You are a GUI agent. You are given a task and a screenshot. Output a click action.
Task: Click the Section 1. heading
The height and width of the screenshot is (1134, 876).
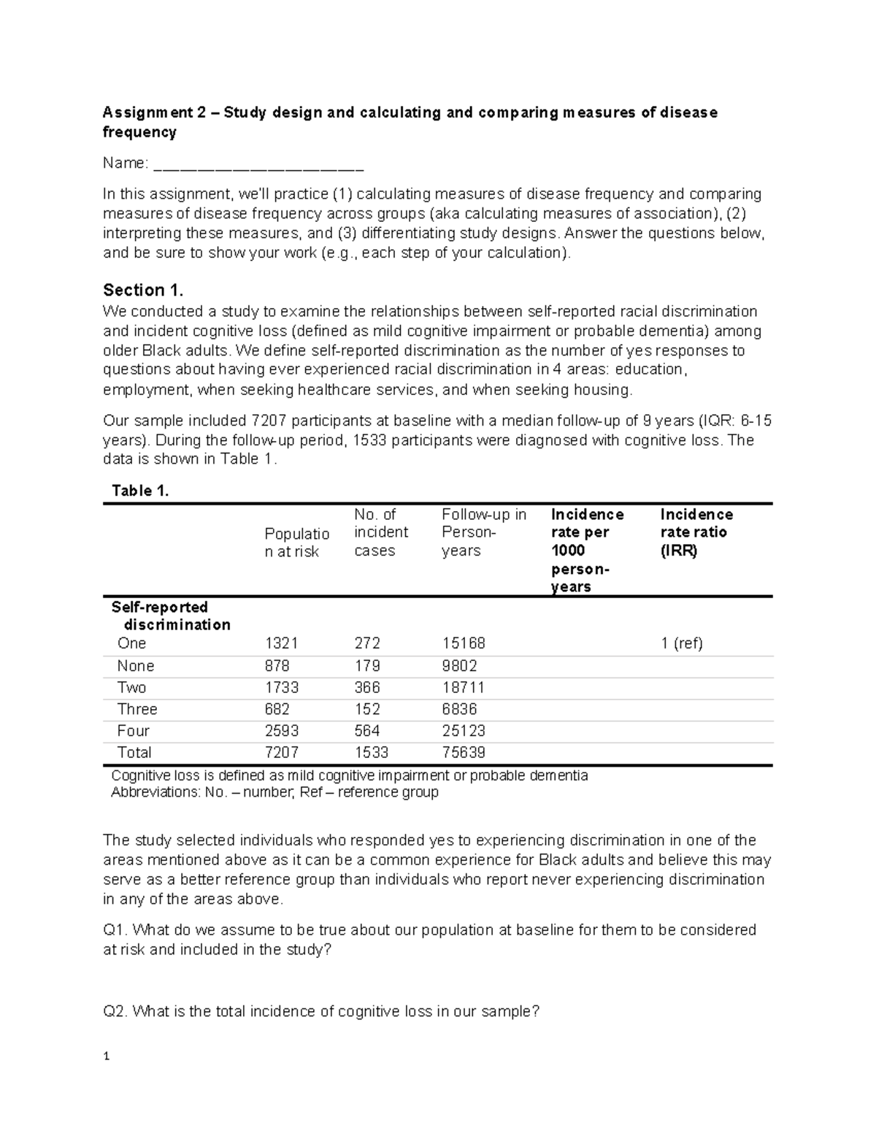pyautogui.click(x=144, y=289)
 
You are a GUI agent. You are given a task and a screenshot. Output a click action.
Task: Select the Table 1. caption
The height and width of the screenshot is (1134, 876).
pyautogui.click(x=139, y=491)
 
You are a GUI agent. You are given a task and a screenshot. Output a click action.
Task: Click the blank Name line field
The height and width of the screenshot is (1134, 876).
pyautogui.click(x=258, y=164)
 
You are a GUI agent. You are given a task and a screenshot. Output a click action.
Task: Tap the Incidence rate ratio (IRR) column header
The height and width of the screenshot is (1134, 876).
pyautogui.click(x=696, y=532)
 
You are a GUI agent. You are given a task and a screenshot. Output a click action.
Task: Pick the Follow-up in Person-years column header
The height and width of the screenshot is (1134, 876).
pyautogui.click(x=483, y=532)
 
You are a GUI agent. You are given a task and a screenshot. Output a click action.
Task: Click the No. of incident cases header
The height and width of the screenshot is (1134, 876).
pyautogui.click(x=381, y=532)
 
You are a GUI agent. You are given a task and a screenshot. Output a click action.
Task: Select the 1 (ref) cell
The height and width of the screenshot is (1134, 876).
pyautogui.click(x=682, y=643)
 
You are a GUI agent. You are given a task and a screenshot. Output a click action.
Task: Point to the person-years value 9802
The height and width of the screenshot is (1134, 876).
pyautogui.click(x=459, y=666)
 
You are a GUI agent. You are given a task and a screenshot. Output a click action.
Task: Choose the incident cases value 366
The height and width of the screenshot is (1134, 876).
pyautogui.click(x=367, y=688)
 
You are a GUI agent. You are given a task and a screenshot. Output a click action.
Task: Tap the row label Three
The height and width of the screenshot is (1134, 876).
pyautogui.click(x=137, y=709)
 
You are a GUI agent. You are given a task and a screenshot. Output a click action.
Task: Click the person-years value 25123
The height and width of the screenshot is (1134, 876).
pyautogui.click(x=464, y=731)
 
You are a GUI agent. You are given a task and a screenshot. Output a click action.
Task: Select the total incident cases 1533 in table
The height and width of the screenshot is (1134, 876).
pyautogui.click(x=371, y=753)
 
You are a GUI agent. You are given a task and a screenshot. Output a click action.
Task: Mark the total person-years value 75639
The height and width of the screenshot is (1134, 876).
pyautogui.click(x=464, y=753)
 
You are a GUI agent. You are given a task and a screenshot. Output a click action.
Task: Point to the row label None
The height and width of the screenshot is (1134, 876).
pyautogui.click(x=136, y=666)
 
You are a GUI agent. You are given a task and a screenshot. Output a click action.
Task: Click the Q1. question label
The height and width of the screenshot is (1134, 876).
pyautogui.click(x=116, y=930)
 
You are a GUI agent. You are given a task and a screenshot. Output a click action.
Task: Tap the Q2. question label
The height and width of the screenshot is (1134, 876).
pyautogui.click(x=116, y=1012)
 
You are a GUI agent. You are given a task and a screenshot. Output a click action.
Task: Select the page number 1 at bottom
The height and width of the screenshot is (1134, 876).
pyautogui.click(x=107, y=1057)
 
